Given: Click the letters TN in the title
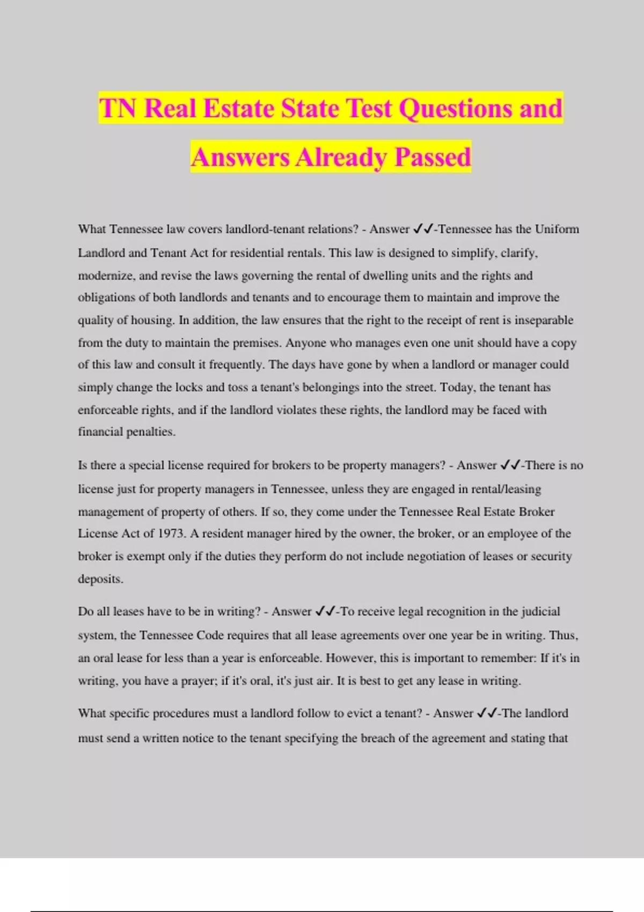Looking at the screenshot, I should [118, 108].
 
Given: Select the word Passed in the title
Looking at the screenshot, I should [433, 157].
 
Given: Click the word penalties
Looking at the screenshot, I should [150, 432].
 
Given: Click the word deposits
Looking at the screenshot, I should [100, 579].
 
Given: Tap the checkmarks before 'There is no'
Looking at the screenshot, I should [510, 466].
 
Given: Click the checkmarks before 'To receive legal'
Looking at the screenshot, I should [325, 612].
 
